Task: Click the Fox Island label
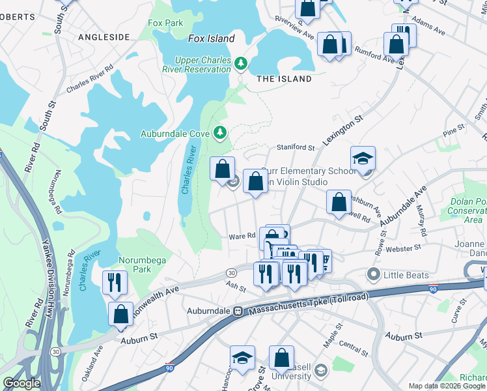(211, 38)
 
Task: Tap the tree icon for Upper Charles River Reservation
(242, 63)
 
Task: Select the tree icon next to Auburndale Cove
(220, 133)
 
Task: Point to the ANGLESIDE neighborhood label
(104, 37)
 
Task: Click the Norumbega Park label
(133, 264)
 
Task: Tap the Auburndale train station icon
(238, 311)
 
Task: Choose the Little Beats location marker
(373, 275)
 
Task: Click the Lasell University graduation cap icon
(320, 371)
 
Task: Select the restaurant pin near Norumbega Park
(114, 282)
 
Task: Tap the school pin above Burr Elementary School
(363, 158)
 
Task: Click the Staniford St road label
(296, 148)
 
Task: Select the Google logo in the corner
(21, 383)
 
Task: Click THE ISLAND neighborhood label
(284, 79)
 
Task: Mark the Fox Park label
(165, 23)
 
